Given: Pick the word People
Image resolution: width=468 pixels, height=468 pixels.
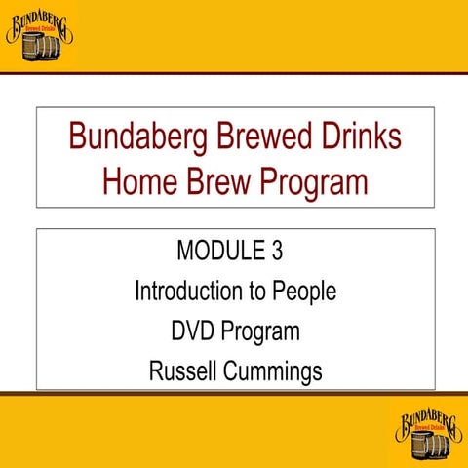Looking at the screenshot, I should [306, 291].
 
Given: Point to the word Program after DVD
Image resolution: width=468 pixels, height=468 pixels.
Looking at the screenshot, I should [260, 331].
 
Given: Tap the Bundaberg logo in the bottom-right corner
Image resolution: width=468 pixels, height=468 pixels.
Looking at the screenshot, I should [429, 433].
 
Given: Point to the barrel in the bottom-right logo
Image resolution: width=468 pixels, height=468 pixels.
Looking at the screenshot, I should [425, 445].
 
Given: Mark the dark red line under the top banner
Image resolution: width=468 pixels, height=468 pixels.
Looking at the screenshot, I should [234, 73].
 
